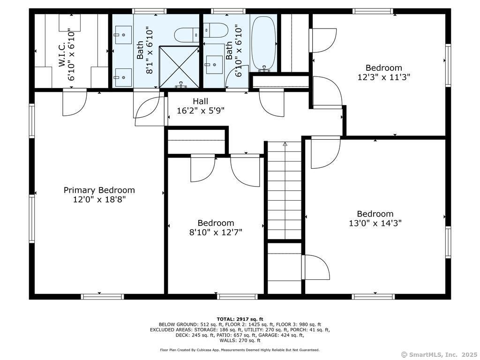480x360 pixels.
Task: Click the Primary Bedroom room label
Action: [99, 190]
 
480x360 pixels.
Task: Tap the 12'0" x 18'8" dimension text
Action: [99, 199]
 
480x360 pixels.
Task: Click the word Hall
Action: [200, 101]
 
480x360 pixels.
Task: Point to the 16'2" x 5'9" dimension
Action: [200, 111]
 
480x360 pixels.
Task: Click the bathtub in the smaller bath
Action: [264, 43]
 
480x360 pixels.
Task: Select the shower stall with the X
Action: [180, 67]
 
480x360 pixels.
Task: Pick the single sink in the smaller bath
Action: [215, 64]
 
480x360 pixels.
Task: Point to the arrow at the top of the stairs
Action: [285, 144]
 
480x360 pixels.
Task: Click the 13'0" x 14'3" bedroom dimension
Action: [375, 223]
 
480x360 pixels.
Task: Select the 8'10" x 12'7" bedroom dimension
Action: [216, 232]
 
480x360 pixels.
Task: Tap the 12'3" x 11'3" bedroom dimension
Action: [384, 77]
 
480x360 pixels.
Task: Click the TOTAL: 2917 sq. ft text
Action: [240, 319]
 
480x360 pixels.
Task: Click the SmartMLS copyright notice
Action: [439, 354]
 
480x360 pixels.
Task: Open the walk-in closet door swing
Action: [75, 102]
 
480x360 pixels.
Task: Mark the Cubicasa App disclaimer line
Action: [240, 350]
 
